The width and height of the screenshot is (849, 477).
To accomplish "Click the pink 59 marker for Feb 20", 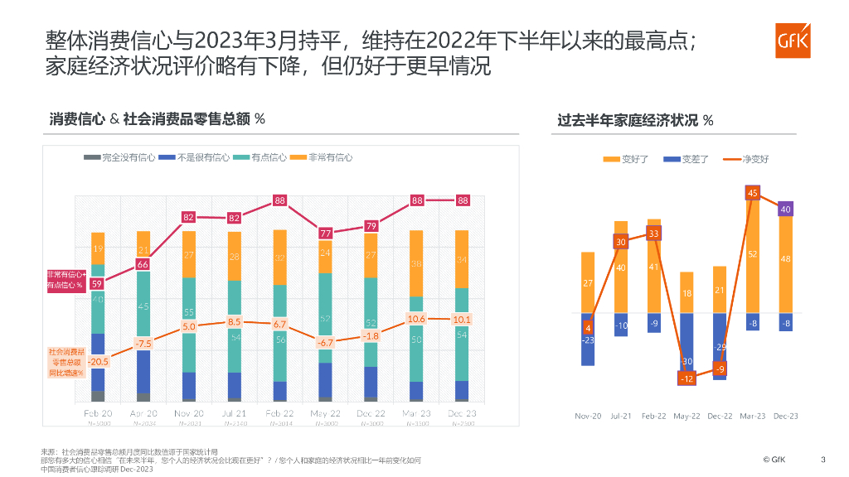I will [97, 283].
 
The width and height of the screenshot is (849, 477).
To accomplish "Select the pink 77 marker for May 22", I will [325, 234].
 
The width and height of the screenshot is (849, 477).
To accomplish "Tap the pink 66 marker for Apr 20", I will [143, 264].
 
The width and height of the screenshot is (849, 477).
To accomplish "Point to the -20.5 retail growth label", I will [99, 361].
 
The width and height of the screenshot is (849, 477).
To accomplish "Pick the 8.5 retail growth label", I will [234, 321].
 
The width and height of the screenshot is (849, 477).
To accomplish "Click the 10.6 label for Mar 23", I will [416, 319].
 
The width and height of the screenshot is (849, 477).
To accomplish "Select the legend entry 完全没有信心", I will [120, 157].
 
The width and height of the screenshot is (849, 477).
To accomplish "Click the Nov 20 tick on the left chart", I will [188, 412].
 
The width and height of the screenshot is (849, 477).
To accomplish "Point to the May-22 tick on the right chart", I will [686, 416].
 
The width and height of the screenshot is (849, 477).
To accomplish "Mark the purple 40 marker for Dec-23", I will [785, 210].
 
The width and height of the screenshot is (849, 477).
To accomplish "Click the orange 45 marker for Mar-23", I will [752, 193].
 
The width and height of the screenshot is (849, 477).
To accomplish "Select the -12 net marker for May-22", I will [686, 378].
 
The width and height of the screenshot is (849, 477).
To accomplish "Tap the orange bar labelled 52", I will [752, 255].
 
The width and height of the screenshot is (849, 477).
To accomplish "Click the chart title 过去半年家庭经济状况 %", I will [635, 121].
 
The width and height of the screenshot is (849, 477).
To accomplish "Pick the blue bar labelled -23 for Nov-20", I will [588, 340].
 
